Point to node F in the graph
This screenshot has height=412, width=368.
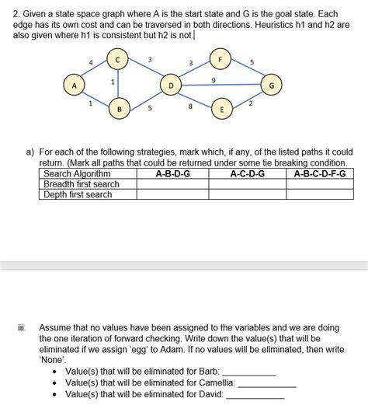coord(220,58)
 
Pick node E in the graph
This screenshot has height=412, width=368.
coord(221,110)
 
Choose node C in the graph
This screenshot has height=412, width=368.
coord(118,58)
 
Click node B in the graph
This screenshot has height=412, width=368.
coord(119,110)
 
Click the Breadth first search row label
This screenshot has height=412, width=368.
coord(82,184)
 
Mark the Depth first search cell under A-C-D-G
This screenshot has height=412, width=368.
coord(248,194)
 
